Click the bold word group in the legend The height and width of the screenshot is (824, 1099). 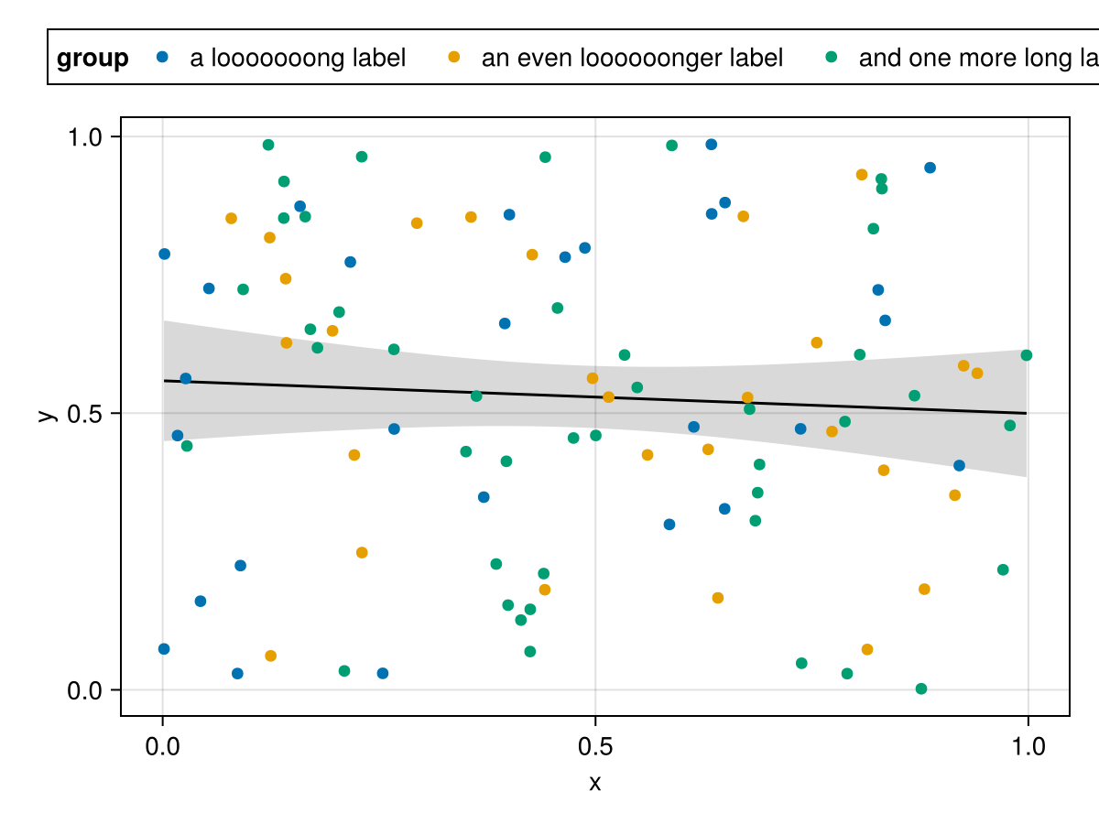[92, 59]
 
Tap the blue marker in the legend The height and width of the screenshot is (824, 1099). [163, 57]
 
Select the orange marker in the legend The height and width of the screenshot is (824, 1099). [453, 57]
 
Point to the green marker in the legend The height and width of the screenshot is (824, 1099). [831, 57]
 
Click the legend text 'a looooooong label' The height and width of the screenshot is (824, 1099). [298, 59]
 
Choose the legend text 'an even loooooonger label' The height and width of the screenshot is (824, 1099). [632, 59]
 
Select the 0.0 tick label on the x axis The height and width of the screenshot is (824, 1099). [163, 748]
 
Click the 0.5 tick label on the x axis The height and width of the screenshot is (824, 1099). [595, 748]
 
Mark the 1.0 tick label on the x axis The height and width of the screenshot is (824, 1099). [1028, 748]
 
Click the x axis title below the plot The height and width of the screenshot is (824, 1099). [595, 784]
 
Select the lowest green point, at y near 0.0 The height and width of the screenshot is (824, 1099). [921, 688]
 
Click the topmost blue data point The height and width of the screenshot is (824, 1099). [711, 145]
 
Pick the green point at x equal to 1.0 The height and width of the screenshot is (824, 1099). [1026, 355]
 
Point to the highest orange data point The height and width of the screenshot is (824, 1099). [862, 175]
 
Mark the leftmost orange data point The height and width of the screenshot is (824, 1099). [231, 218]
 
